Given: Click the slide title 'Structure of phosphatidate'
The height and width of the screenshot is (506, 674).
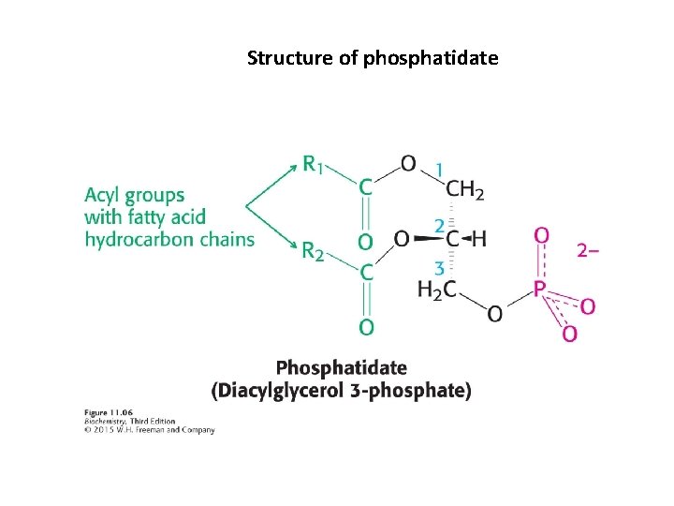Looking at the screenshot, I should point(373,58).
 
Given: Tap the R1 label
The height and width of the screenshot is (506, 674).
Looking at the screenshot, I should point(315,165).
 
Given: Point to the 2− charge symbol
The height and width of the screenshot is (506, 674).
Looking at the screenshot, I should point(587,250).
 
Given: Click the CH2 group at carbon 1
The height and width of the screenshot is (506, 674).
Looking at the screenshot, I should point(464,190).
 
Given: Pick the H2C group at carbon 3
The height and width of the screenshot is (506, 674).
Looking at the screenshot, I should point(437,290).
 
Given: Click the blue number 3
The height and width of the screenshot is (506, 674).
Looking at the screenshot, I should point(439,266).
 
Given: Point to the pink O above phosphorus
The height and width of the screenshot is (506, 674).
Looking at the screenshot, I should point(541,234).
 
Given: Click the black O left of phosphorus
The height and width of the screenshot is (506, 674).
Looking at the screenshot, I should point(494,314).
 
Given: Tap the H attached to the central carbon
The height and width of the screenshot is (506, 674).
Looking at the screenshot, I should point(479,239).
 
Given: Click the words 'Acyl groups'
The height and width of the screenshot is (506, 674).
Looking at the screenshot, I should point(134,196).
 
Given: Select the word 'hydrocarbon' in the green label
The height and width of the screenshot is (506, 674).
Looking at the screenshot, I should point(134,239).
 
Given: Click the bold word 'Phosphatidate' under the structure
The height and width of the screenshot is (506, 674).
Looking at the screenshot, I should point(342,367).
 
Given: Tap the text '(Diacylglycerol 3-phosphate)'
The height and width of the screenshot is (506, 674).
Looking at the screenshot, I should point(342,389).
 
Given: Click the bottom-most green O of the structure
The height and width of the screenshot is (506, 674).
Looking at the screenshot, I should point(367,327).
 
